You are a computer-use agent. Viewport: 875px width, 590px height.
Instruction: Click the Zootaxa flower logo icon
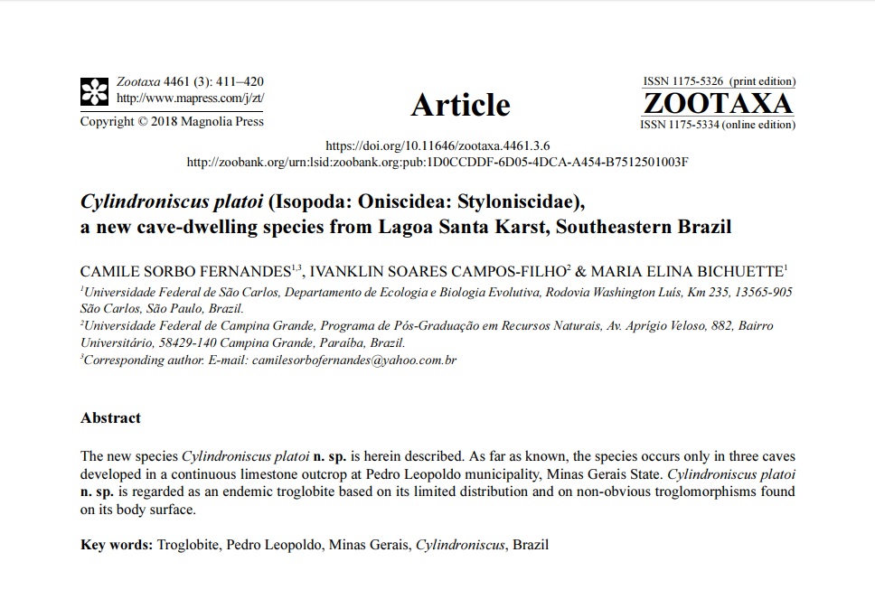[x=94, y=90]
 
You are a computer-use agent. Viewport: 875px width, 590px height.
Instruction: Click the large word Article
[x=460, y=105]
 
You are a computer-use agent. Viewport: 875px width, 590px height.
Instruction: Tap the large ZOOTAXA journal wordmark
[x=720, y=103]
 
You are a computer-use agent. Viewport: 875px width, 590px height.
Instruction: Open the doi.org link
[x=437, y=145]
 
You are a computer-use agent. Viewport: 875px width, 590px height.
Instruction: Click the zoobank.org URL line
[x=437, y=162]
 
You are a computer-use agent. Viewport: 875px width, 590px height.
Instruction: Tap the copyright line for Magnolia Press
[x=172, y=121]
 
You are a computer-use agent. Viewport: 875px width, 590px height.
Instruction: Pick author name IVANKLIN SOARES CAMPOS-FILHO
[x=437, y=271]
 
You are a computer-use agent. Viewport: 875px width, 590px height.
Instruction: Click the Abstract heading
[x=110, y=417]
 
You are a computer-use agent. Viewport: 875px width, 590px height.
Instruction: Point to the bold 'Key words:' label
[x=117, y=545]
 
